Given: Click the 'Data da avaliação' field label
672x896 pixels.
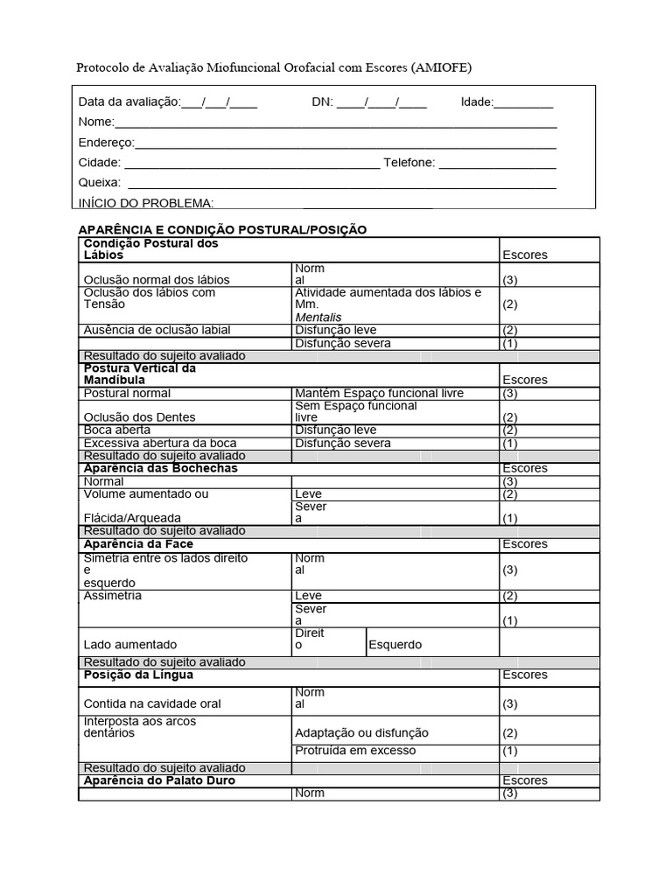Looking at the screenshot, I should pyautogui.click(x=129, y=101).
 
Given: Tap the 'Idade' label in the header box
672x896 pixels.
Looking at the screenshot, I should pyautogui.click(x=477, y=101).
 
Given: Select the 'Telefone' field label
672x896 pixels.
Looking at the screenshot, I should pyautogui.click(x=409, y=163).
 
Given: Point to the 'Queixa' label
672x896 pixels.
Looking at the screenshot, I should pyautogui.click(x=99, y=183).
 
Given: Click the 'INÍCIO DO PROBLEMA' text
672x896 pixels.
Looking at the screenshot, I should pyautogui.click(x=146, y=203).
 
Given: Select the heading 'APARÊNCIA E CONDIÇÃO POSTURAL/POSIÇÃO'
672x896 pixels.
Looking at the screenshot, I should pyautogui.click(x=222, y=229).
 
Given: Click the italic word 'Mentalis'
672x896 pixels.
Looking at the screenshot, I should pyautogui.click(x=318, y=317).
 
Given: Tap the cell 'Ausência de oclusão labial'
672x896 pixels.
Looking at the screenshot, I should pyautogui.click(x=157, y=330).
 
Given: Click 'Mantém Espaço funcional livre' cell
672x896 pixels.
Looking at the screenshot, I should pyautogui.click(x=380, y=393).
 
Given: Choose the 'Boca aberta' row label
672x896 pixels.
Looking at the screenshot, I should pyautogui.click(x=116, y=430).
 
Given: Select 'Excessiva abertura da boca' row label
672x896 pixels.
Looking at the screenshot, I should pyautogui.click(x=159, y=443).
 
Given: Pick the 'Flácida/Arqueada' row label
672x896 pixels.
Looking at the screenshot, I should pyautogui.click(x=132, y=518).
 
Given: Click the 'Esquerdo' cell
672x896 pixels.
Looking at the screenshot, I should pyautogui.click(x=395, y=645).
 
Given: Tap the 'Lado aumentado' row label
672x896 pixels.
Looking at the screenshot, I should pyautogui.click(x=129, y=645).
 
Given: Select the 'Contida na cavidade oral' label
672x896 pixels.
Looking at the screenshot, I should pyautogui.click(x=151, y=703).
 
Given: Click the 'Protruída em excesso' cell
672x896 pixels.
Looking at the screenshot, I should pyautogui.click(x=355, y=751).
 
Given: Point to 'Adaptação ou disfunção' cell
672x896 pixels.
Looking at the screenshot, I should pyautogui.click(x=361, y=733).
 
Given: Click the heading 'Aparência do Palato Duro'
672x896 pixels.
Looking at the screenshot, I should pyautogui.click(x=159, y=780).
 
